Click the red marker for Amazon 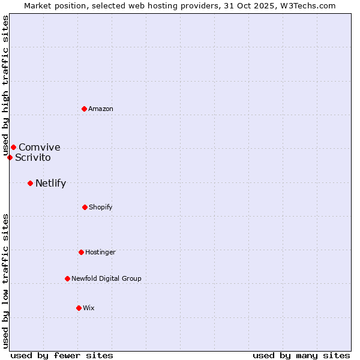tap(85, 109)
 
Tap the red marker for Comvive tap(13, 147)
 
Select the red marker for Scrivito tap(10, 157)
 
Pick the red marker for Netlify tap(30, 183)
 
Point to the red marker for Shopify tap(85, 207)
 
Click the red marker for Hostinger tap(81, 252)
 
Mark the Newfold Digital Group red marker tap(67, 278)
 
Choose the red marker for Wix tap(79, 308)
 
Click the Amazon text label tap(101, 109)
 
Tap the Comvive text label tap(40, 147)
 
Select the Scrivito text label tap(33, 158)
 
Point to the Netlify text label tap(50, 184)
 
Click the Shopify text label tap(101, 207)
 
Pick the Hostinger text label tap(100, 252)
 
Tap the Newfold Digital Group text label tap(107, 278)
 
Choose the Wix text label tap(89, 308)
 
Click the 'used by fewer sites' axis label tap(62, 355)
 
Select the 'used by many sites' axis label tap(301, 355)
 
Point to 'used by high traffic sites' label tap(5, 85)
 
